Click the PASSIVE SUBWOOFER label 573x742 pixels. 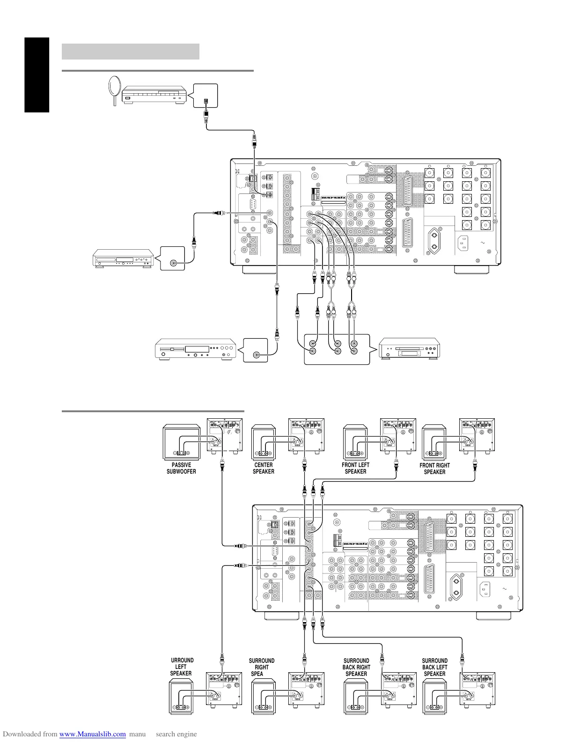click(181, 468)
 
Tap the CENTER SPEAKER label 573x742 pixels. click(264, 468)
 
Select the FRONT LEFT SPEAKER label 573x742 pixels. click(355, 468)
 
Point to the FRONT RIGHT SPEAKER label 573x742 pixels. click(434, 469)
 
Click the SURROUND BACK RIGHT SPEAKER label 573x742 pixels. click(356, 668)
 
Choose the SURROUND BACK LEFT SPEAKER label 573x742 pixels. click(434, 668)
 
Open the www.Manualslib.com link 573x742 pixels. click(93, 735)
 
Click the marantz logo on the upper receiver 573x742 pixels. click(333, 198)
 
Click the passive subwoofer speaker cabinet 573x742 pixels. click(182, 442)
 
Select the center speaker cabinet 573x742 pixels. click(263, 442)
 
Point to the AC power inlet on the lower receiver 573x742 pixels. click(485, 589)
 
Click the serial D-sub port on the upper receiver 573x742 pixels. click(253, 205)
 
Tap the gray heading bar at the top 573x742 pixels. click(131, 52)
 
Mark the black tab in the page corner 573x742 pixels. click(37, 75)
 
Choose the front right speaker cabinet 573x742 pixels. click(434, 442)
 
